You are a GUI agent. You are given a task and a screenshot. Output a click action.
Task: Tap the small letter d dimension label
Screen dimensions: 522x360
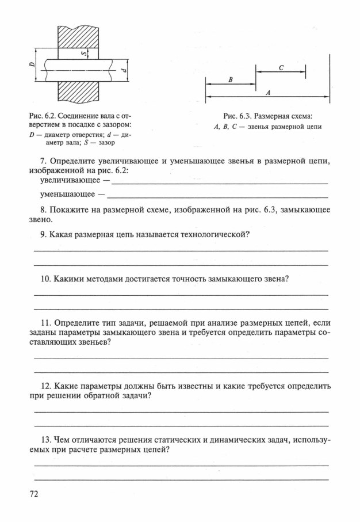(124, 70)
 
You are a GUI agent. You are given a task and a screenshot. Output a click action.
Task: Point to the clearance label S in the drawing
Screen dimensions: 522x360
(83, 53)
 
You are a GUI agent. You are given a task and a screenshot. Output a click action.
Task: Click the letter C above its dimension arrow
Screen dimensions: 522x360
(281, 67)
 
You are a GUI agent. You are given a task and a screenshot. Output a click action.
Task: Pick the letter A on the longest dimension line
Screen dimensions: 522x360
(268, 92)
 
